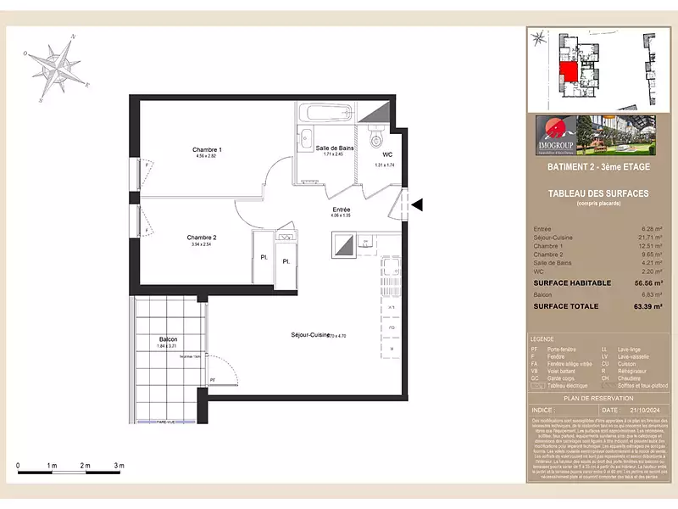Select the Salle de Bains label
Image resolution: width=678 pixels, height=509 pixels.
click(x=335, y=148)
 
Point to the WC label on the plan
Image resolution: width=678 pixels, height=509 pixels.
click(x=387, y=154)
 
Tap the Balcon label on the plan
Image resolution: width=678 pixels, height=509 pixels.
click(x=168, y=338)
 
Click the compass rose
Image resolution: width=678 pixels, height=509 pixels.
click(x=58, y=67)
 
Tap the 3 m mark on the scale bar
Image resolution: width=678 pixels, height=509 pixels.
click(x=119, y=466)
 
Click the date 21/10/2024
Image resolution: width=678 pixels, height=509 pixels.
click(x=642, y=408)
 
